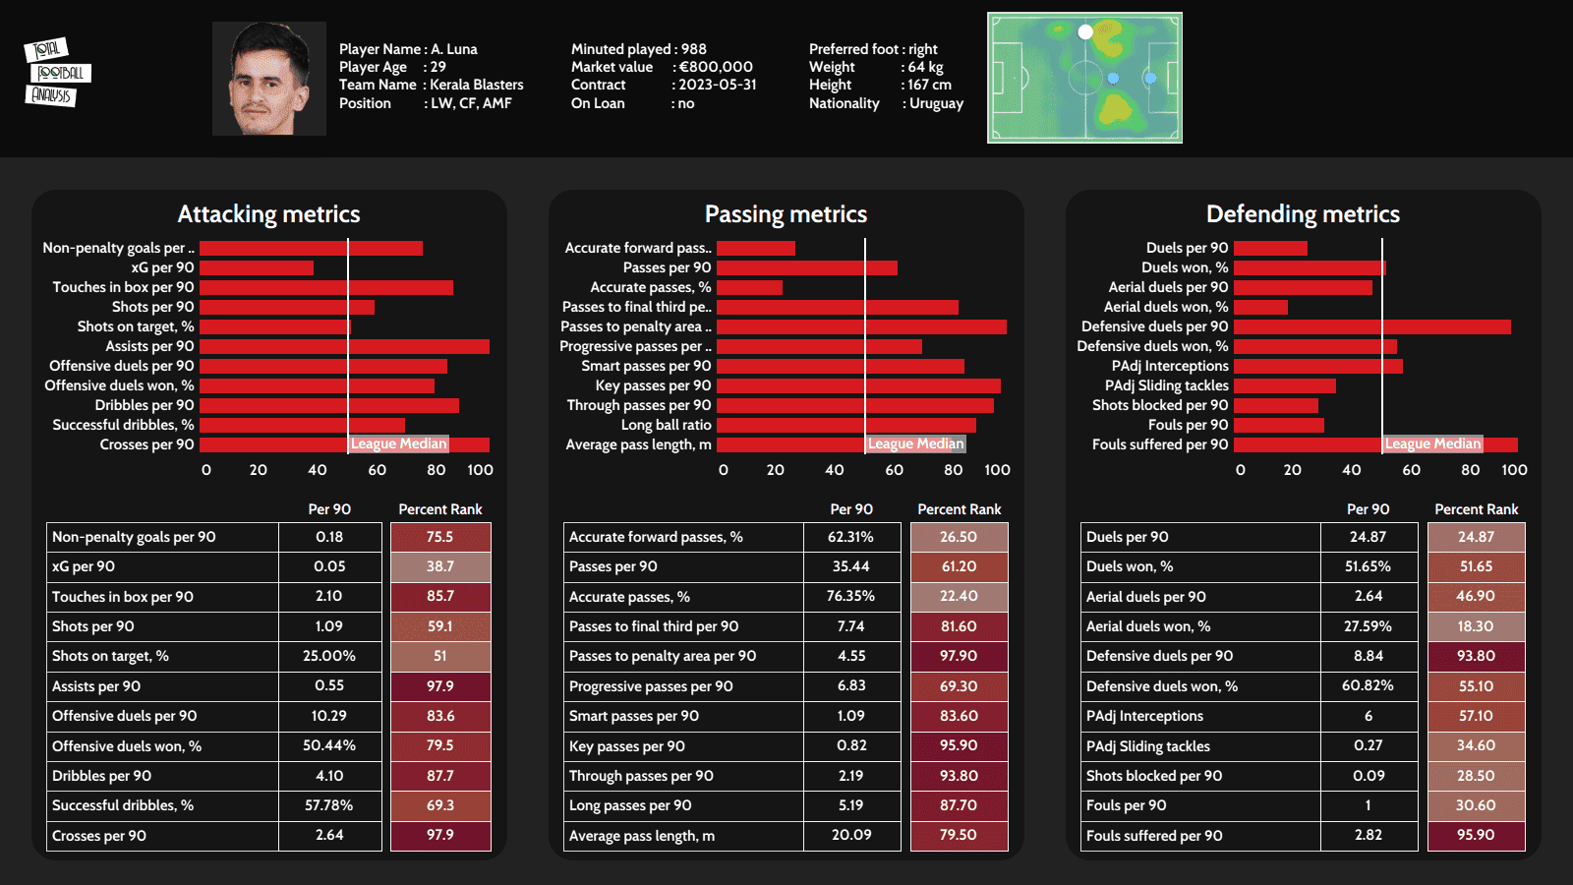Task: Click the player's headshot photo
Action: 268,79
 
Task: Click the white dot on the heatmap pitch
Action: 1085,32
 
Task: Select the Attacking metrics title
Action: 268,214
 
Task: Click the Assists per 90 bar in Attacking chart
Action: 344,346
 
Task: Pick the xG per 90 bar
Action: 257,267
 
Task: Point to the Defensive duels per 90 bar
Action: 1371,326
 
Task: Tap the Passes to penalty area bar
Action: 861,326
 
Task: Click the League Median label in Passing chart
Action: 915,443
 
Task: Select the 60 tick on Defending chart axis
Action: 1411,470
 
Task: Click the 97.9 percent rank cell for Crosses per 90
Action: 440,835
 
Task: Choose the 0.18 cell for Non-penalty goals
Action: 329,537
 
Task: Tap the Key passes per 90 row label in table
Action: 627,746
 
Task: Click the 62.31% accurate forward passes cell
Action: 850,537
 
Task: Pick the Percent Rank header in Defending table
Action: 1476,509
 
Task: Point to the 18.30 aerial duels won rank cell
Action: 1476,626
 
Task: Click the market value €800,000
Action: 716,67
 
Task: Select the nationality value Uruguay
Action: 936,103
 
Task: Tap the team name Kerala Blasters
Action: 477,85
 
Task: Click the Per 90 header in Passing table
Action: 851,509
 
